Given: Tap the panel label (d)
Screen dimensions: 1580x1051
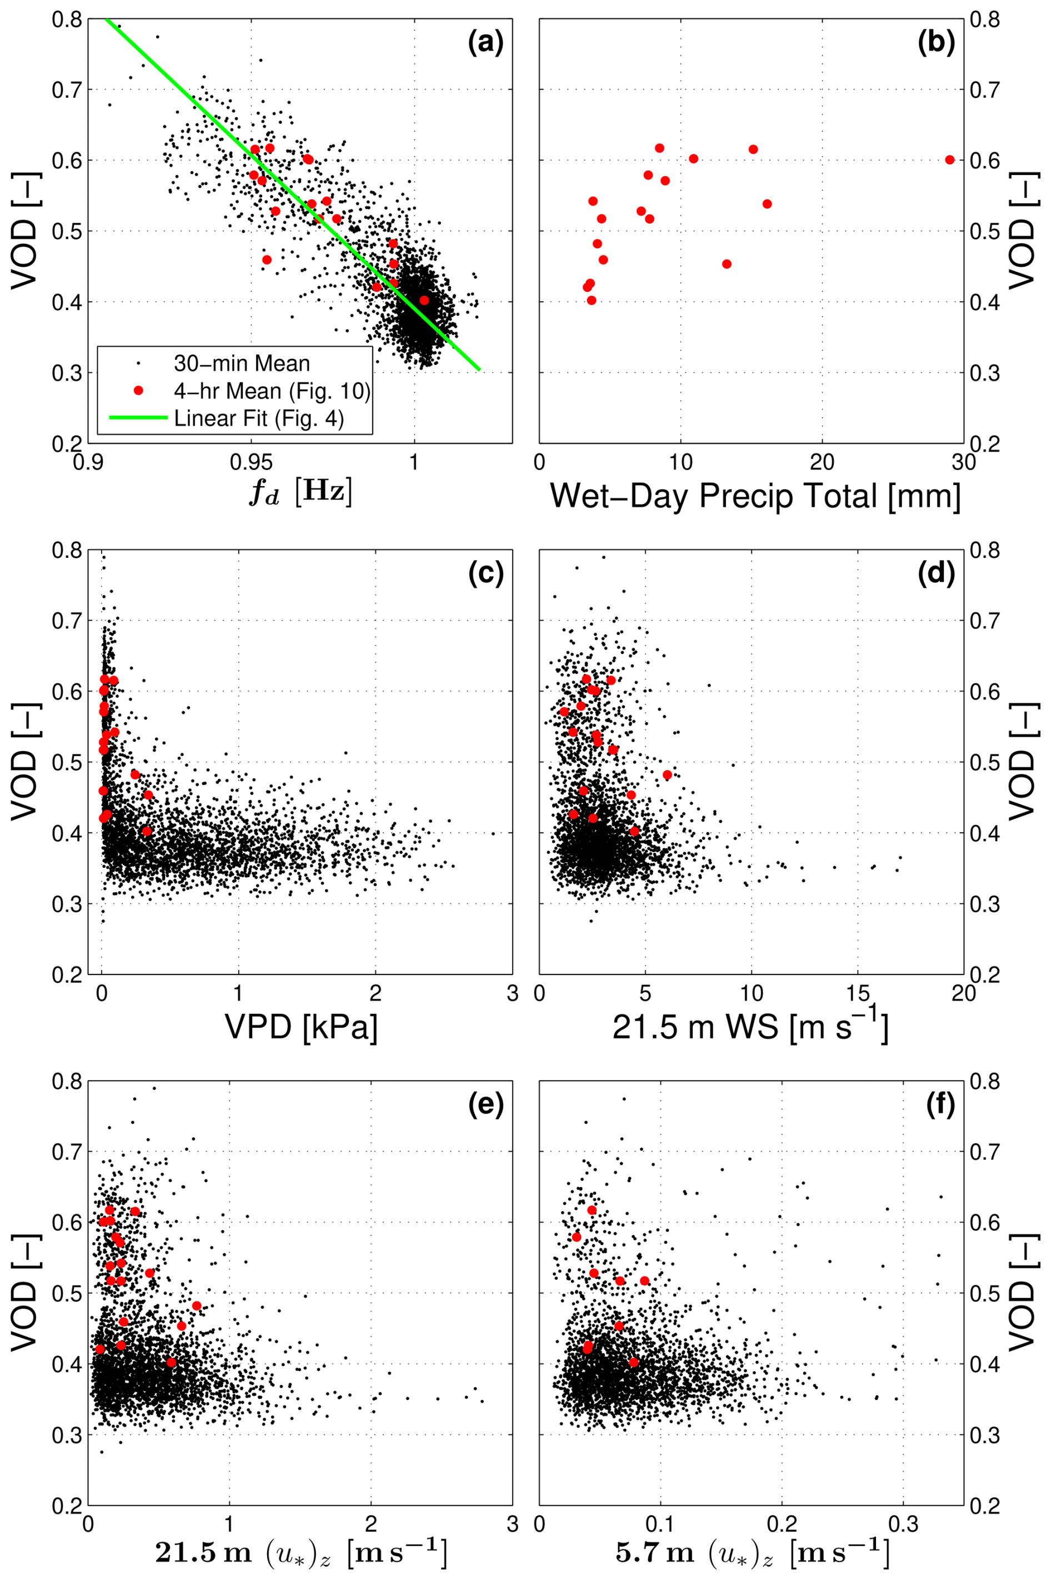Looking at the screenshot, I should [935, 574].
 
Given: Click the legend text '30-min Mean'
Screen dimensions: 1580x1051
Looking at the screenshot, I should [241, 364].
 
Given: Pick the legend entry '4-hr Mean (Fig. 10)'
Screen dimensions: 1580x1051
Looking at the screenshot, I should [272, 391].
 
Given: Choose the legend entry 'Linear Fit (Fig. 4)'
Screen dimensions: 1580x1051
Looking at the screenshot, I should [258, 418].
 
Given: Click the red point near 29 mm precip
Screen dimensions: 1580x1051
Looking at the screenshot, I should [950, 159].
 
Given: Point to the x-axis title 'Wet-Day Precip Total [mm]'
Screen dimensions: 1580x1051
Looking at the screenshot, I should [755, 497].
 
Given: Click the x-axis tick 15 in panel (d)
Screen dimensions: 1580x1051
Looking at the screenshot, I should [857, 993].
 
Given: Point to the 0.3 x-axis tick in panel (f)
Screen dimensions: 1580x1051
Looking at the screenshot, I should [903, 1524].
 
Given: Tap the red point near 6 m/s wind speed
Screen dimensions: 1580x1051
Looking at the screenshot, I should [667, 775].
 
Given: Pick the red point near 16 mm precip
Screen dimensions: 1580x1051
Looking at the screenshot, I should [767, 204].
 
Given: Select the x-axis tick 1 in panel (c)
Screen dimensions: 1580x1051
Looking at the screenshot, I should [238, 993].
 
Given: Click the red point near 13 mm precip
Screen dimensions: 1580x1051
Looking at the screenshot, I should [727, 264].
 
